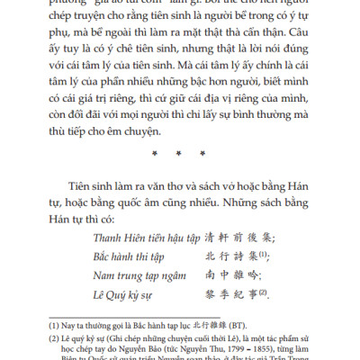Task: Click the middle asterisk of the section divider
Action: pos(180,155)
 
